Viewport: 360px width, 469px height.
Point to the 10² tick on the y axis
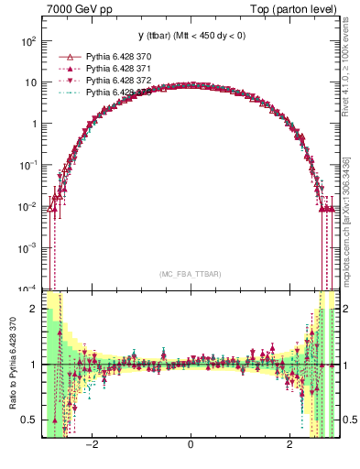29,41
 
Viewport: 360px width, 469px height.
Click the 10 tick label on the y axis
31,82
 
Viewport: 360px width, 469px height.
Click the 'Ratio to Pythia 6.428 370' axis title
11,364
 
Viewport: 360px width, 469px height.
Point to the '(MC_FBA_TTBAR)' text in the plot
190,274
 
